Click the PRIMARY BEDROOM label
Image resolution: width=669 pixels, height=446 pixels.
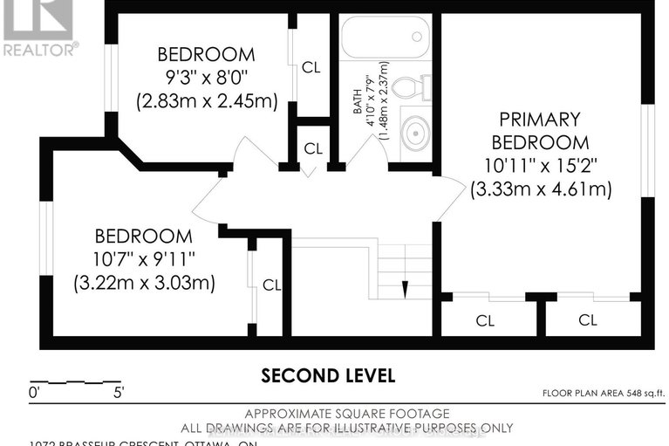540,130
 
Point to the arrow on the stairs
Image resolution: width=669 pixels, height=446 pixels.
405,288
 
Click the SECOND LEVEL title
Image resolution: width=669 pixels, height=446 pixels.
329,375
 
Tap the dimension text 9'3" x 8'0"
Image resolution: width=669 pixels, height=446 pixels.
207,78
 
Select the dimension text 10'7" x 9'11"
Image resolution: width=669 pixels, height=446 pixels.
144,259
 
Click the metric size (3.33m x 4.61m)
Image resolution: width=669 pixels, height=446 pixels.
540,189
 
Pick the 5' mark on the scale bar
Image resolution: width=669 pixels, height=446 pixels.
118,392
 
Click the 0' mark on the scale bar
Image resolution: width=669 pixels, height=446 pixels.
35,392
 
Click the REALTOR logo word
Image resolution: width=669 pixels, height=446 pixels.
40,50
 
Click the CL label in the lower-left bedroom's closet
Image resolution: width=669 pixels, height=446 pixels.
271,285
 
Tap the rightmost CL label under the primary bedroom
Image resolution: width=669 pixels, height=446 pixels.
588,320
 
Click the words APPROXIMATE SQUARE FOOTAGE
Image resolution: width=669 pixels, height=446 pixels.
334,413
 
